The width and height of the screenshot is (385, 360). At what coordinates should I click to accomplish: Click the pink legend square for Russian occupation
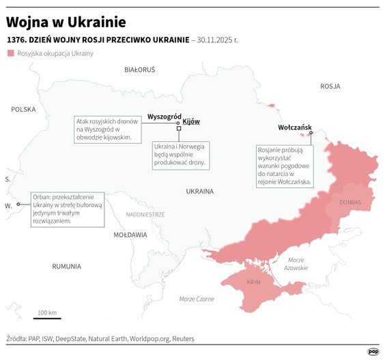(10, 53)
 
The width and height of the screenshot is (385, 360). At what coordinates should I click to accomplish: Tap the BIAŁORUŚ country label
(140, 70)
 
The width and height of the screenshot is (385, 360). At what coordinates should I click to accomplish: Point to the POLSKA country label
(23, 109)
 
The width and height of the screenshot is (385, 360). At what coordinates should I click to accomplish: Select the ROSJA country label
(330, 87)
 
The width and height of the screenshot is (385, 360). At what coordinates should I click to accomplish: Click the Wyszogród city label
(164, 117)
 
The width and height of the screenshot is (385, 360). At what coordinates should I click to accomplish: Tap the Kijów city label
(192, 121)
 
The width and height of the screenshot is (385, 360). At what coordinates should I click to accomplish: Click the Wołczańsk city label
(295, 127)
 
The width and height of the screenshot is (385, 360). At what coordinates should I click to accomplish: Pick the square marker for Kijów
(179, 129)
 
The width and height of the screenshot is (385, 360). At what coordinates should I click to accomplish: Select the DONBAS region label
(350, 202)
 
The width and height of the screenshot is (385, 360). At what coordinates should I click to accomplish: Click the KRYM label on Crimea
(253, 282)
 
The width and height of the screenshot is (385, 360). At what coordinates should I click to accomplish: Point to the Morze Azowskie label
(297, 264)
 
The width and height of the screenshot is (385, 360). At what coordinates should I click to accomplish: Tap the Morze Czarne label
(197, 299)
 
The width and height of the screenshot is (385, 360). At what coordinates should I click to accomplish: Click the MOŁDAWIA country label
(130, 235)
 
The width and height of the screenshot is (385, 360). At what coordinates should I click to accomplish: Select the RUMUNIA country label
(67, 266)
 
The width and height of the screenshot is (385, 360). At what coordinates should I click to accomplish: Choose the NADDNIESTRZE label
(145, 214)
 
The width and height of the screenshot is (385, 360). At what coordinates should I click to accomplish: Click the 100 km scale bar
(47, 318)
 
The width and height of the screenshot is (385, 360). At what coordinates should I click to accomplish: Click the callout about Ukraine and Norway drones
(180, 155)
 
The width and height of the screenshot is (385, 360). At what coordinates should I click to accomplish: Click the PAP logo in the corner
(373, 351)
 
